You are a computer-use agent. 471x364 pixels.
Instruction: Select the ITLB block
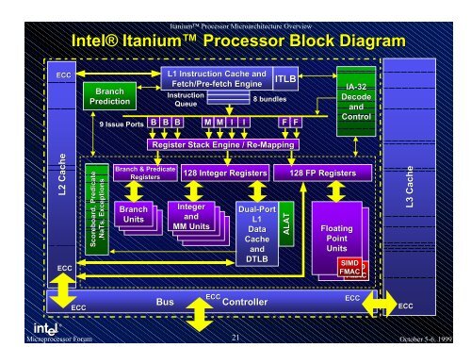tap(285, 82)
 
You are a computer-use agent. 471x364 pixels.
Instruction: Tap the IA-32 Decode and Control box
tap(356, 101)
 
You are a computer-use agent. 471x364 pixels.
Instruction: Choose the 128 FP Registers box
tap(317, 174)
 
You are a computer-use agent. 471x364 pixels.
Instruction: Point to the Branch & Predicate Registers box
tap(138, 173)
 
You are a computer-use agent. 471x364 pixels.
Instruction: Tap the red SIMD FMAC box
tap(349, 267)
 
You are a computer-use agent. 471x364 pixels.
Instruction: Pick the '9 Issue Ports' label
tap(120, 124)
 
